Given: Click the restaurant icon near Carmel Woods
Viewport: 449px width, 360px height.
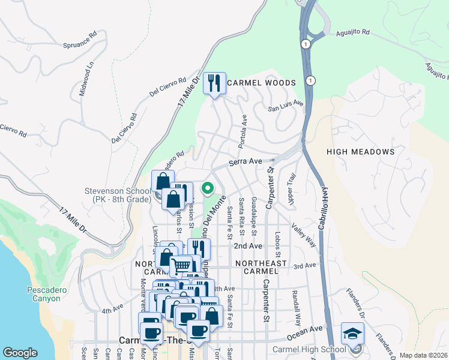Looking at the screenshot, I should pos(214,83).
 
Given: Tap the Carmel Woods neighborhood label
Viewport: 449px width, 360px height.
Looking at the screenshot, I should pos(262,83).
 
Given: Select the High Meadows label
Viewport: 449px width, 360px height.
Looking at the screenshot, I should pos(360,152).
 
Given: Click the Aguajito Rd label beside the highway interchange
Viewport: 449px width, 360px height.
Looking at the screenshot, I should pos(353,32).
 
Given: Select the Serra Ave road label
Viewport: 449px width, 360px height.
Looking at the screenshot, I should pos(247,161).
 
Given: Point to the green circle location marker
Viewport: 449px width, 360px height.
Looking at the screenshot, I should pos(208,188).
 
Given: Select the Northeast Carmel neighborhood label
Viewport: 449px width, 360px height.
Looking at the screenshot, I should pos(261,268).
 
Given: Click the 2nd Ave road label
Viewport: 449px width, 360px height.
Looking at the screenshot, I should pos(248,246).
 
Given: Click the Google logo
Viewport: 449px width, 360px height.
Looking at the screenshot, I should pos(20,352).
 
